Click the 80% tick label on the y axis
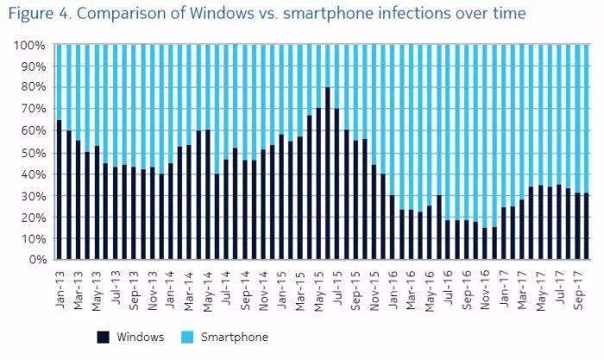pos(29,88)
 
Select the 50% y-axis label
pos(29,153)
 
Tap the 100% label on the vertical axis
pos(27,45)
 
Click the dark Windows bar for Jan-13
pos(59,190)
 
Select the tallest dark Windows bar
pos(327,174)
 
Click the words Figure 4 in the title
pos(40,14)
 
